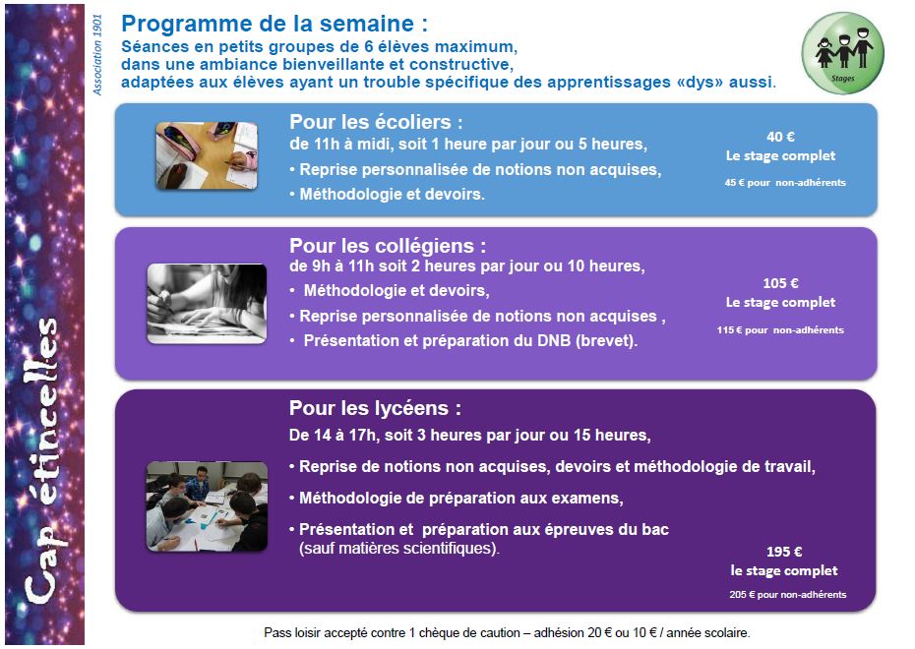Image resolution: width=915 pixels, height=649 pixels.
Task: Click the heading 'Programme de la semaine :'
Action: coord(274,24)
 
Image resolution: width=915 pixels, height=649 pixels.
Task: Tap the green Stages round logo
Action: coord(842,53)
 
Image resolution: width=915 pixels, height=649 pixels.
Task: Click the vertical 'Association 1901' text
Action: coord(97,55)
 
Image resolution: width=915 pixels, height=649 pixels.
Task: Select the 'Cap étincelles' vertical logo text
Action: coord(42,461)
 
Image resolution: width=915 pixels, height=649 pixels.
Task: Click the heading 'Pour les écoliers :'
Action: coord(376,122)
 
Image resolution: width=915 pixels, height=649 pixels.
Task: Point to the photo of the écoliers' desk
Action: coord(207,155)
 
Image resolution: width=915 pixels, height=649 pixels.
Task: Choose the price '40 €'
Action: coord(780,137)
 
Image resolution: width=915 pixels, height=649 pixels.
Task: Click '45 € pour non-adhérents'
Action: coord(785,183)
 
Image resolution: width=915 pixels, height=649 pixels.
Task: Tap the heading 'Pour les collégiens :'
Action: coord(388,246)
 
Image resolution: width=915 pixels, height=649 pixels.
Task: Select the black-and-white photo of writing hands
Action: coord(207,304)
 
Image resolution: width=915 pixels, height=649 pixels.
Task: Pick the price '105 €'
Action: coord(780,283)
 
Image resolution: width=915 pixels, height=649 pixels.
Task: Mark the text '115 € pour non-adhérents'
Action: coord(780,330)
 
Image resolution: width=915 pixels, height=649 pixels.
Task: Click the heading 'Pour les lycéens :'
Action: coord(375,408)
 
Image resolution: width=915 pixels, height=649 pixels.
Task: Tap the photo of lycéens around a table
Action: coord(207,506)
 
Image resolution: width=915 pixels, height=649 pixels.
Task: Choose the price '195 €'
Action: coord(784,552)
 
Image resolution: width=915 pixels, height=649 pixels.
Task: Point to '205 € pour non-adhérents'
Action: coord(787,595)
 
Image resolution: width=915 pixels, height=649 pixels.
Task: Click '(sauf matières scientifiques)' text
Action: coord(399,549)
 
